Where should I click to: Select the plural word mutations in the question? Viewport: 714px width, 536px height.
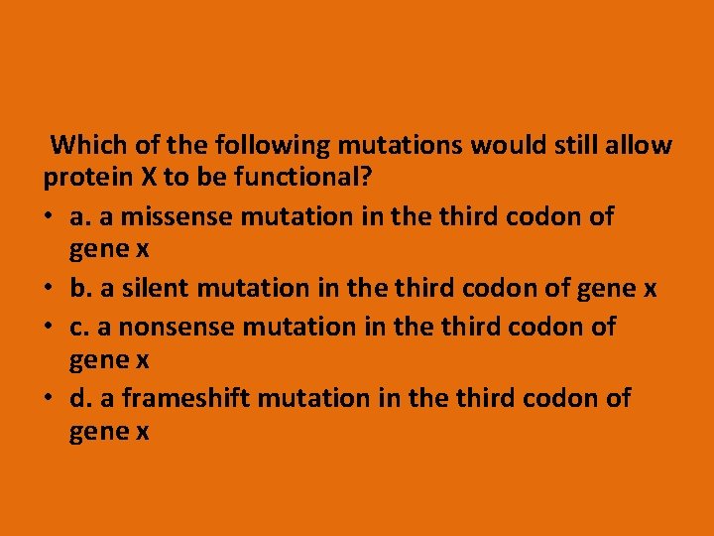point(400,146)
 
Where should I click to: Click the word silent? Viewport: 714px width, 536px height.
point(158,288)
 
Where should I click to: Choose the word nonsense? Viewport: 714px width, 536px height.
point(169,326)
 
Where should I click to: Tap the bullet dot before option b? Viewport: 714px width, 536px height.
point(49,289)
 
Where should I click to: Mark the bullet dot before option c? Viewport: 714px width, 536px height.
point(49,327)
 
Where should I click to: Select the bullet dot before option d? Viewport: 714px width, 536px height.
point(49,398)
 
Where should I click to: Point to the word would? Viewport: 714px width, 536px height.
point(502,146)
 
